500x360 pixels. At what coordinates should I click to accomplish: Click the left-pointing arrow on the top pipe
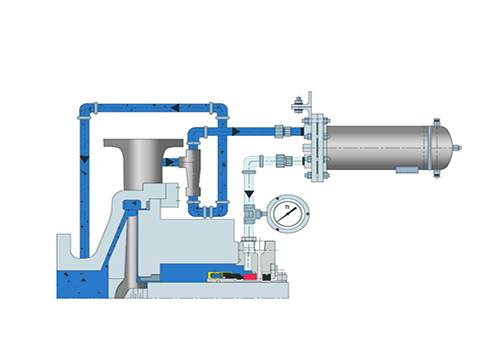pyautogui.click(x=176, y=107)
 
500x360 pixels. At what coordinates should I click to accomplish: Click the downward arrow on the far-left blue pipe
pyautogui.click(x=85, y=159)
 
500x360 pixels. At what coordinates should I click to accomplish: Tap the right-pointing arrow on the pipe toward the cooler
pyautogui.click(x=236, y=131)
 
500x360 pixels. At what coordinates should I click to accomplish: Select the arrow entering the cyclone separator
pyautogui.click(x=170, y=162)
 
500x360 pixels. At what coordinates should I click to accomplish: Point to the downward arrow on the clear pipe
pyautogui.click(x=249, y=194)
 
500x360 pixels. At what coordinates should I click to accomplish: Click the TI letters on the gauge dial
pyautogui.click(x=287, y=207)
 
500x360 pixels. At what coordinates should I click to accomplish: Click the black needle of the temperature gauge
pyautogui.click(x=287, y=215)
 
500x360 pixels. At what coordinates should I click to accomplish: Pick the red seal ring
pyautogui.click(x=249, y=276)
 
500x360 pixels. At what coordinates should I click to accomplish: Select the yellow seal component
pyautogui.click(x=215, y=275)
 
